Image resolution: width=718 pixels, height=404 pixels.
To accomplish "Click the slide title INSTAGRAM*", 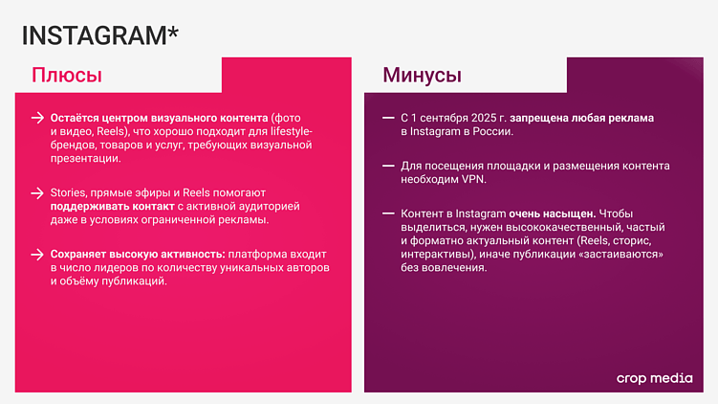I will [x=99, y=34].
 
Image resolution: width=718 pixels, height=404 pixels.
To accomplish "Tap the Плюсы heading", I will [x=67, y=76].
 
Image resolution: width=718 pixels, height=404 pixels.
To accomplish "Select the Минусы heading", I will [x=422, y=76].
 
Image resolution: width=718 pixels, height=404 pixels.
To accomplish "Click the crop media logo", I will [x=655, y=378].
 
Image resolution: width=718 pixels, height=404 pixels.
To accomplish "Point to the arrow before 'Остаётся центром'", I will [x=37, y=118].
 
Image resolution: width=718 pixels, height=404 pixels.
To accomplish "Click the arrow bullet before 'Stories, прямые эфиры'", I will [x=37, y=192].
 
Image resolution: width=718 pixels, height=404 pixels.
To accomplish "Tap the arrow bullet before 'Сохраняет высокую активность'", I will [x=37, y=255].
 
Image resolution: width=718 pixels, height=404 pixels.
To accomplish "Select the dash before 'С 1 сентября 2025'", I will [x=387, y=118].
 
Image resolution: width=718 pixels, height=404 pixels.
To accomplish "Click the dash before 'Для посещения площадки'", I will [x=387, y=166].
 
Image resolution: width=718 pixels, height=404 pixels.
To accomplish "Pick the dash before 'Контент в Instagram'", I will [x=387, y=213].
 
